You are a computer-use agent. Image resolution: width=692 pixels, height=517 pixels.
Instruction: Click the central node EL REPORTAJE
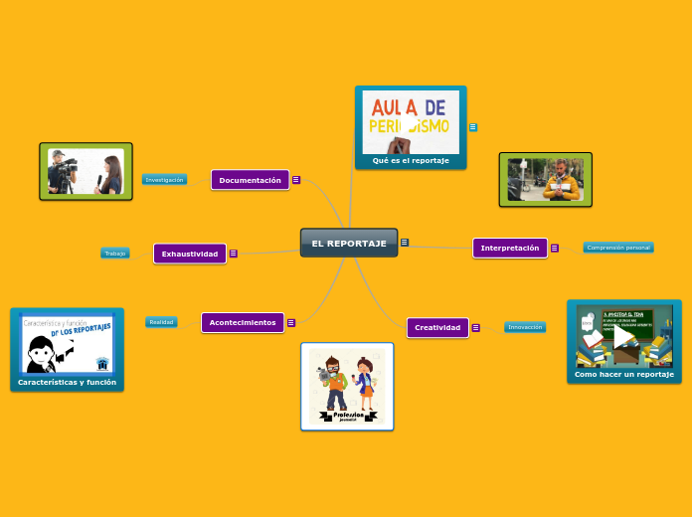pyautogui.click(x=349, y=243)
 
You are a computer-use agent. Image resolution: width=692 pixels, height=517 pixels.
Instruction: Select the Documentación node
pyautogui.click(x=250, y=180)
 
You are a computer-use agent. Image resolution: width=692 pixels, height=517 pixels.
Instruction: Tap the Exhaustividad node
pyautogui.click(x=190, y=254)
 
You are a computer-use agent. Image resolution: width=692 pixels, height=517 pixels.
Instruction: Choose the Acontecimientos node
pyautogui.click(x=243, y=322)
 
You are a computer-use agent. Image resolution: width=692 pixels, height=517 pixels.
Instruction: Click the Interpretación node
pyautogui.click(x=510, y=248)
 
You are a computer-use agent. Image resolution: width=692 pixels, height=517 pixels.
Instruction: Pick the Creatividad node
pyautogui.click(x=437, y=327)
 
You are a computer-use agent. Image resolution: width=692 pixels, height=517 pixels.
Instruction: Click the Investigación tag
pyautogui.click(x=165, y=180)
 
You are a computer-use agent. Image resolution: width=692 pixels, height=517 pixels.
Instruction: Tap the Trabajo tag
pyautogui.click(x=115, y=254)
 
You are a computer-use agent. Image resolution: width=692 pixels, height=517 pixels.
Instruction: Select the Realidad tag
pyautogui.click(x=161, y=322)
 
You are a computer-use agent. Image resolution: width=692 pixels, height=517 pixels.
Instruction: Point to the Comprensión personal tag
pyautogui.click(x=618, y=248)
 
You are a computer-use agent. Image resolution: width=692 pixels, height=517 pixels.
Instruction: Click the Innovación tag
pyautogui.click(x=525, y=327)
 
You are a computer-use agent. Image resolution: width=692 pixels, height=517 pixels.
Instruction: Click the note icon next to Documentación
pyautogui.click(x=296, y=180)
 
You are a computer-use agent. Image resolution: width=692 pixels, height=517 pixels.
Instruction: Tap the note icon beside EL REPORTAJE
pyautogui.click(x=405, y=243)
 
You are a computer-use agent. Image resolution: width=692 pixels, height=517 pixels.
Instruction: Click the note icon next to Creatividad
pyautogui.click(x=476, y=327)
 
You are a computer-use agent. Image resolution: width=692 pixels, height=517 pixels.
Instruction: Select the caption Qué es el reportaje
pyautogui.click(x=411, y=160)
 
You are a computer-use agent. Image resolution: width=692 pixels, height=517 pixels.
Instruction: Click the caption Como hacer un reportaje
pyautogui.click(x=624, y=374)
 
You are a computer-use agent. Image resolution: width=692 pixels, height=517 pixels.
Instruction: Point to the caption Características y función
pyautogui.click(x=67, y=382)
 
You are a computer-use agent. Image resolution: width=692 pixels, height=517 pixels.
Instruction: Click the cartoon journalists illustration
pyautogui.click(x=347, y=387)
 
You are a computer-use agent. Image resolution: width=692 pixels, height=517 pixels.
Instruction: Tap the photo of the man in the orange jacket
pyautogui.click(x=546, y=180)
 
